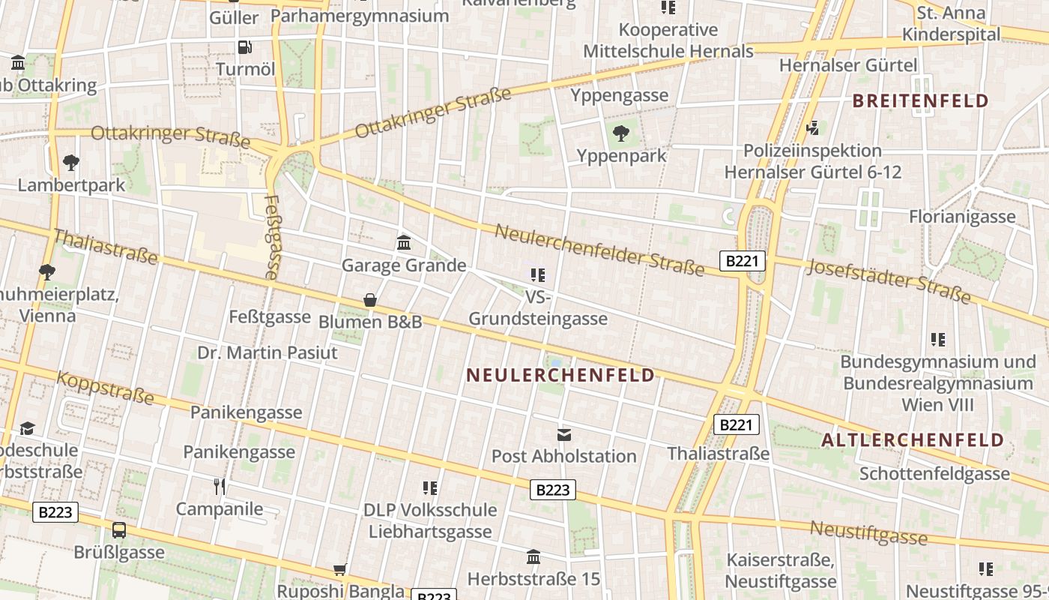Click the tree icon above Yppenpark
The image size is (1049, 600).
coord(620,133)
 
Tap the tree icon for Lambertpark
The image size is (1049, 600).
coord(71,162)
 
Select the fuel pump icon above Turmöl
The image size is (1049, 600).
coord(245,46)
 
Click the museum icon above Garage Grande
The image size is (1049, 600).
coord(404,242)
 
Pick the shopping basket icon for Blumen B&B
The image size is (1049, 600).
coord(370,300)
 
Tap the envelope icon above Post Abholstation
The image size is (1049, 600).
coord(563,434)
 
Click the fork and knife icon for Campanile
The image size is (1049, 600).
coord(220,487)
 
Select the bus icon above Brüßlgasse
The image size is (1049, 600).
coord(119,530)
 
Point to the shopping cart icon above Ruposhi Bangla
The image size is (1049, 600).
coord(340,569)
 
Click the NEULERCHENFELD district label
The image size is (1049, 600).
coord(560,375)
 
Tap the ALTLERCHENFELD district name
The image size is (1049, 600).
coord(913,440)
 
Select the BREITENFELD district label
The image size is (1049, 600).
coord(921,101)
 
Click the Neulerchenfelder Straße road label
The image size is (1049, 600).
coord(599,250)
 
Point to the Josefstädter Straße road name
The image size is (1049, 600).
coord(890,281)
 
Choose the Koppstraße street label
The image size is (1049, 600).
coord(106,387)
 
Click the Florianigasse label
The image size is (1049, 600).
coord(962,217)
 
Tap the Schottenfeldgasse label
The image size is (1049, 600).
coord(934,474)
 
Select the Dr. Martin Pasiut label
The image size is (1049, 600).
coord(267,352)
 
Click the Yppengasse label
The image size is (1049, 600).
coord(619,95)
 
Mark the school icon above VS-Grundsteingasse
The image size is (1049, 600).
coord(537,275)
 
